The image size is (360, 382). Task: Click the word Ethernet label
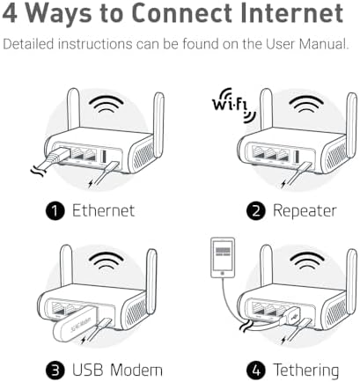[103, 210]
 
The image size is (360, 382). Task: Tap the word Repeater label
[305, 211]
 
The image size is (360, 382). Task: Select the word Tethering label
[306, 371]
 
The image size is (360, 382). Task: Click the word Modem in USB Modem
[136, 370]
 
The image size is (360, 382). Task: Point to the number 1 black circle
[55, 211]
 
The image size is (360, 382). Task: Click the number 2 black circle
[256, 211]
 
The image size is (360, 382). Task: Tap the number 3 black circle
[55, 371]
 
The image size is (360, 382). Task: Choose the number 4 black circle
[256, 371]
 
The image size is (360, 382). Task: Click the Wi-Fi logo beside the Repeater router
[233, 105]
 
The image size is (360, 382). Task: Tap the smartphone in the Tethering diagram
[223, 257]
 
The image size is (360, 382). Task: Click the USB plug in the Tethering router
[290, 318]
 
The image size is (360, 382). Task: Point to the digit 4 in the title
[10, 13]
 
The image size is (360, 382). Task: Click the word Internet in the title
[292, 13]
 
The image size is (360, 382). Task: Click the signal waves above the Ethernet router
[107, 103]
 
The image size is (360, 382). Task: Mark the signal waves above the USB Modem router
[107, 260]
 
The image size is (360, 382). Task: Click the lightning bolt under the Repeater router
[283, 184]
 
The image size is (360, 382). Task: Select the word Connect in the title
[182, 13]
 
